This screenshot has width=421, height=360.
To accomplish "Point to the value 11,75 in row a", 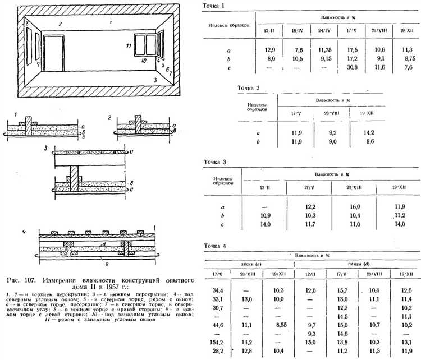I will point(308,49).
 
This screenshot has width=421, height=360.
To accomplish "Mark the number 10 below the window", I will point(144,60).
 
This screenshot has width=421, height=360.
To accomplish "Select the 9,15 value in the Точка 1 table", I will point(308,58).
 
